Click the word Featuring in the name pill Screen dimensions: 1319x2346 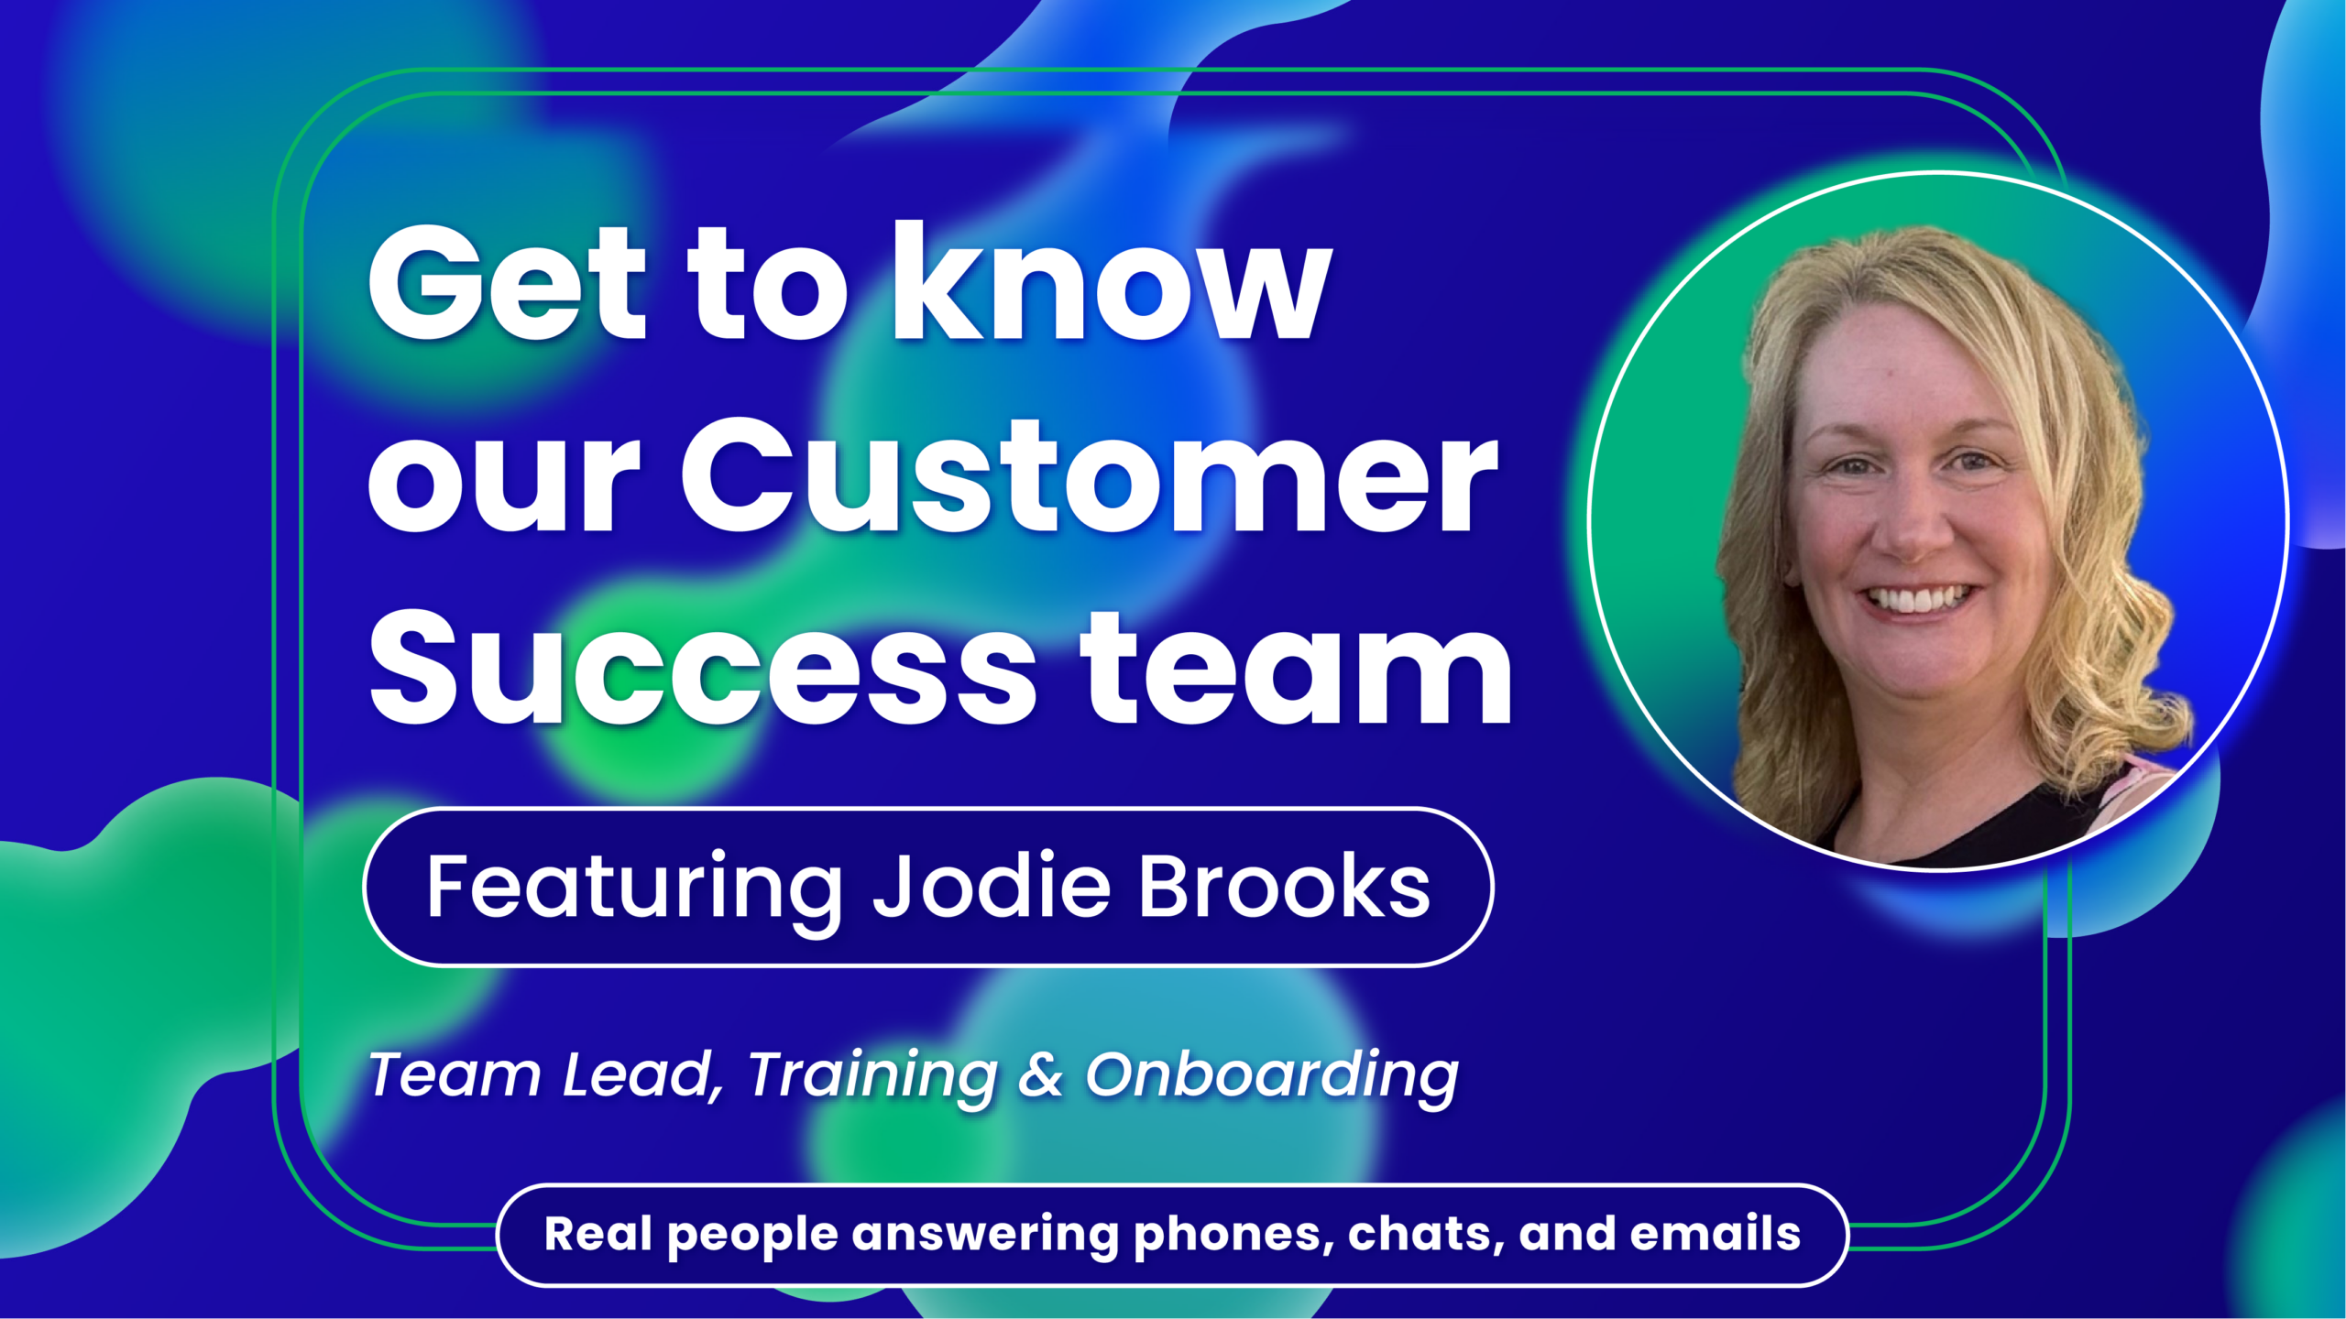[x=633, y=887]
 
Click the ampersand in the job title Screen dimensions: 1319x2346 [x=1040, y=1074]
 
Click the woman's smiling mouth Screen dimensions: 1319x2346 [x=1915, y=600]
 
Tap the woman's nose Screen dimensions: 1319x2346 [x=1911, y=527]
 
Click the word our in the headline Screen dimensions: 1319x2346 [x=503, y=481]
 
